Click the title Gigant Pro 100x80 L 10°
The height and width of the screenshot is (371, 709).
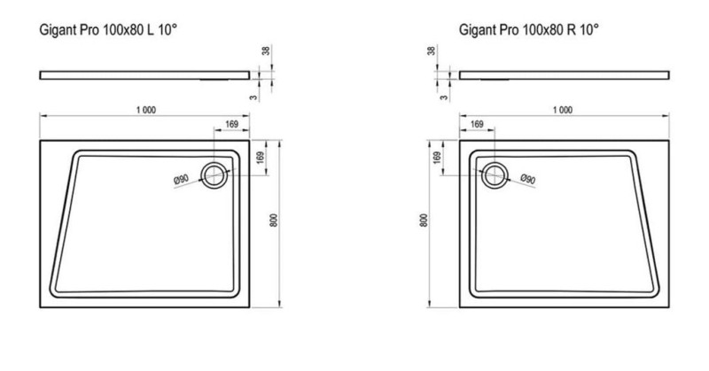point(108,30)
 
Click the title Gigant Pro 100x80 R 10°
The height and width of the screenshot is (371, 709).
point(528,30)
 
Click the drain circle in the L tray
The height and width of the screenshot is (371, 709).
point(214,175)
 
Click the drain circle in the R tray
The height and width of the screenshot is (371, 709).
point(495,175)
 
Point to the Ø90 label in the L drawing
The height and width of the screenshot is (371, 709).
point(181,180)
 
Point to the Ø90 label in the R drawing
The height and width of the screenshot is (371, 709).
point(527,179)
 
